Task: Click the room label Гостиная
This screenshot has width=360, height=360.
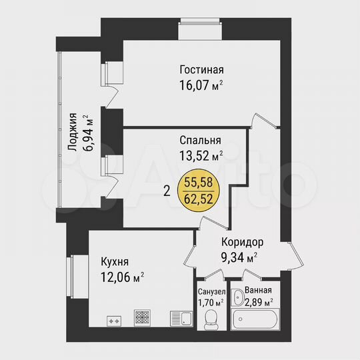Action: (x=201, y=70)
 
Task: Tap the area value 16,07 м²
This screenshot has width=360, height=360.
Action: (x=201, y=85)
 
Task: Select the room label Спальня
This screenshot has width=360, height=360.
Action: (x=200, y=141)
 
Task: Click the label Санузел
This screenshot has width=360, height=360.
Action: (x=211, y=292)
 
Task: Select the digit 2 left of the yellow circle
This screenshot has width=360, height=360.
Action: (x=167, y=190)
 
